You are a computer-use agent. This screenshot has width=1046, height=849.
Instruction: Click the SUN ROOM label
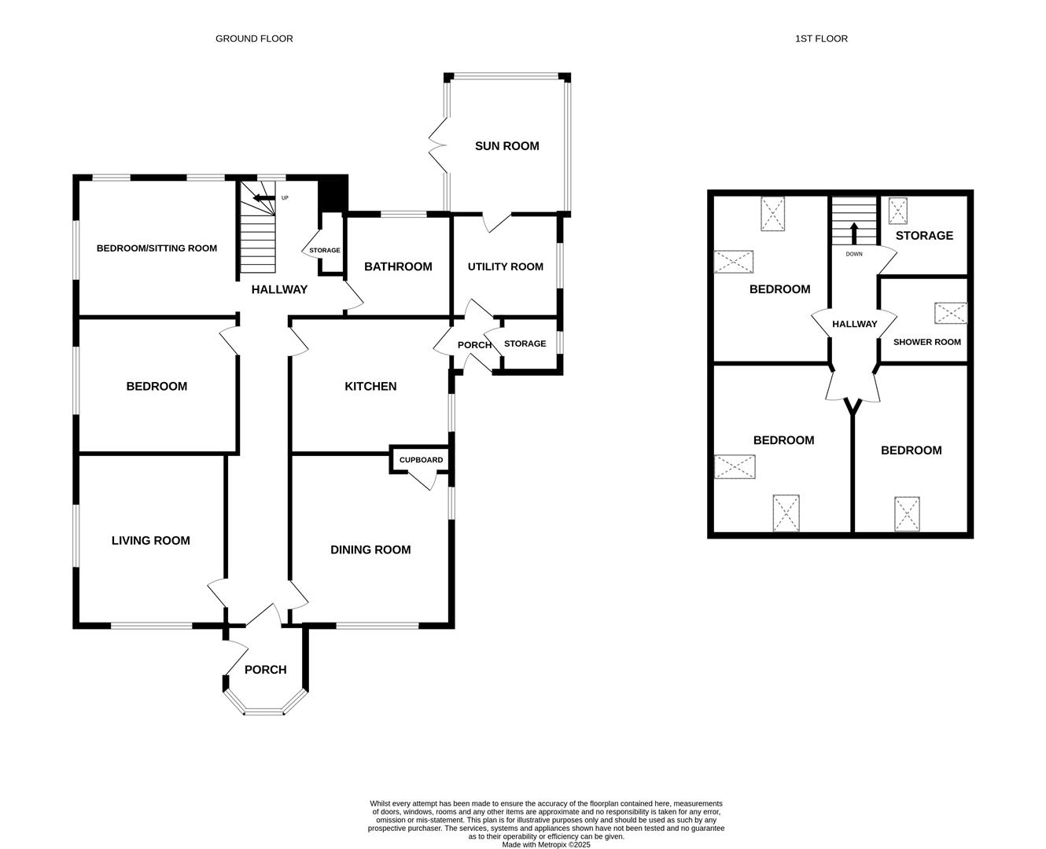point(506,145)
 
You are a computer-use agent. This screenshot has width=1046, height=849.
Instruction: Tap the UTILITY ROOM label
point(506,266)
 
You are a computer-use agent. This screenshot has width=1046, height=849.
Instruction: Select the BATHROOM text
point(398,266)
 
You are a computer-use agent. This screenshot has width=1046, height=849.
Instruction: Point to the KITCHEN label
point(370,386)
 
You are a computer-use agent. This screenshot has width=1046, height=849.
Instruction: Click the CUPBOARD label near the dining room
point(421,460)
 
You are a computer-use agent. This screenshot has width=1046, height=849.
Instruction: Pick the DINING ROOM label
point(370,549)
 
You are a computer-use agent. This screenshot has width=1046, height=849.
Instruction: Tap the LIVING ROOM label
point(150,540)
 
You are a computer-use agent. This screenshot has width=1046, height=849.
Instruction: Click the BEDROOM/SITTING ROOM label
point(157,248)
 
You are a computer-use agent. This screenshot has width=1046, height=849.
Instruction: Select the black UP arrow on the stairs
point(264,198)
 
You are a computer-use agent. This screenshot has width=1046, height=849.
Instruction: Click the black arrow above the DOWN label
point(854,233)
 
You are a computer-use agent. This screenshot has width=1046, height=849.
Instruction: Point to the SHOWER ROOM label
point(926,342)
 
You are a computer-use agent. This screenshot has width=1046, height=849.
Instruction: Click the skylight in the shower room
point(950,313)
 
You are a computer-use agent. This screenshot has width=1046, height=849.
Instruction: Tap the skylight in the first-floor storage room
point(897,211)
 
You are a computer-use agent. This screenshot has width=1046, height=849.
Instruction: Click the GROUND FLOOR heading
point(254,39)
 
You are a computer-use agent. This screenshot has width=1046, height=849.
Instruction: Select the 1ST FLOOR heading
point(821,39)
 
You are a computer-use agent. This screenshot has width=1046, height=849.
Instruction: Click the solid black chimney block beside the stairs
point(333,195)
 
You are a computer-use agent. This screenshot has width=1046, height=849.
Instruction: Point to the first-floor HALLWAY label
point(854,324)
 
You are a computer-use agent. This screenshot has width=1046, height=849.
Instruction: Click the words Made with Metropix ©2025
point(546,844)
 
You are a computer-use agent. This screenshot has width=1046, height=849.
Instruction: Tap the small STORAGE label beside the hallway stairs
point(324,250)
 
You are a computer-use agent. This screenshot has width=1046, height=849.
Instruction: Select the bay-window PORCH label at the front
point(265,670)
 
